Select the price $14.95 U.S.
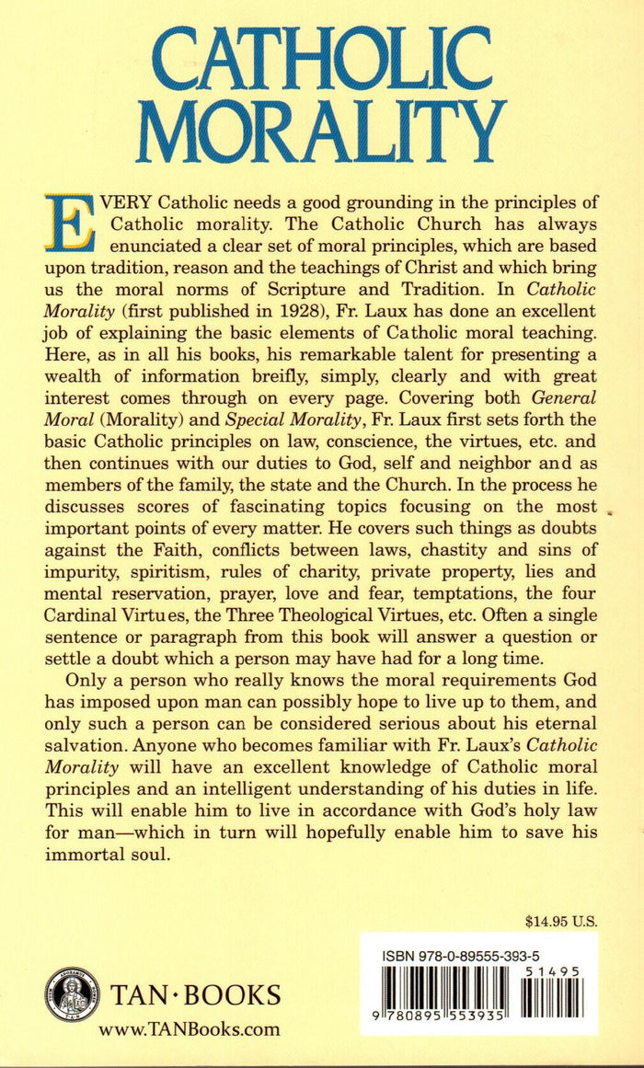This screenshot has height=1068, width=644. [x=559, y=918]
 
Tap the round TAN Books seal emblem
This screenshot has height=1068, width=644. [x=68, y=993]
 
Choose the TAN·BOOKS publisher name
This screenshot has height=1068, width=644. [x=196, y=995]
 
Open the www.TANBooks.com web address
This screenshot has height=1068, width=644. [x=189, y=1029]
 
